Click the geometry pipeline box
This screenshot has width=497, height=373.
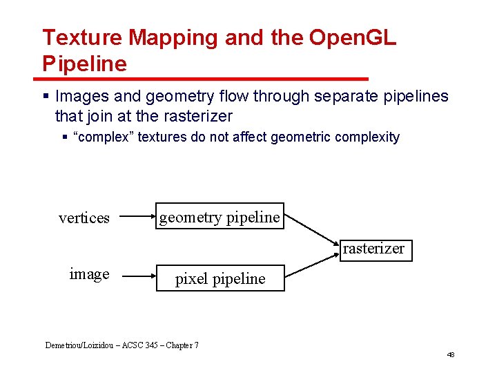coord(220,217)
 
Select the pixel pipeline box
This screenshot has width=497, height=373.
coord(220,278)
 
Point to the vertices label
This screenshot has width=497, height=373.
coord(84,218)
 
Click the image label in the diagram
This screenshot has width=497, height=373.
coord(89,274)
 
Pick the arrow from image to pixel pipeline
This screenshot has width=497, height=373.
coord(134,276)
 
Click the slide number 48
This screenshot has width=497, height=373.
coord(451,354)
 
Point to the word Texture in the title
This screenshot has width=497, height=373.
coord(82,37)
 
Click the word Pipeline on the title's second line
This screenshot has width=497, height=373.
coord(84,64)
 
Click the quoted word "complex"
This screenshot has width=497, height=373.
coord(104,137)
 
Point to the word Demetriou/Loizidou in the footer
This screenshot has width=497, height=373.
coord(77,345)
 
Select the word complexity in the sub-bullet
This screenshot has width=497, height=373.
coord(366,137)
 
